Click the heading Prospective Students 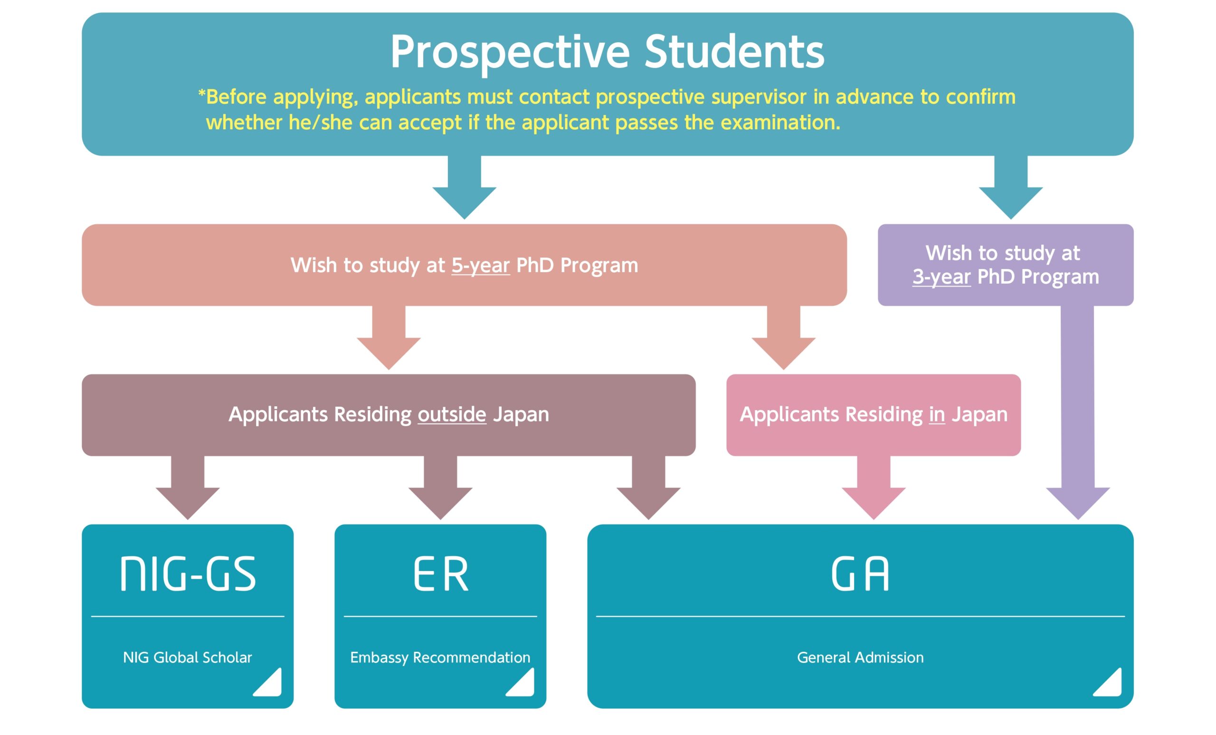607,52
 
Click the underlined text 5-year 480,266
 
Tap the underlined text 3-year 941,277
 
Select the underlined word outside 452,414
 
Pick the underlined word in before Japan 937,414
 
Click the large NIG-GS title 188,573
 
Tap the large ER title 440,573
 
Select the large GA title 860,573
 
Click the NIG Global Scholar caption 188,658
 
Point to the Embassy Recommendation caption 440,658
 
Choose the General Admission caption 860,658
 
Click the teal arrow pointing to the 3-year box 1011,188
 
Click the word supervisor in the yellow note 759,97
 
